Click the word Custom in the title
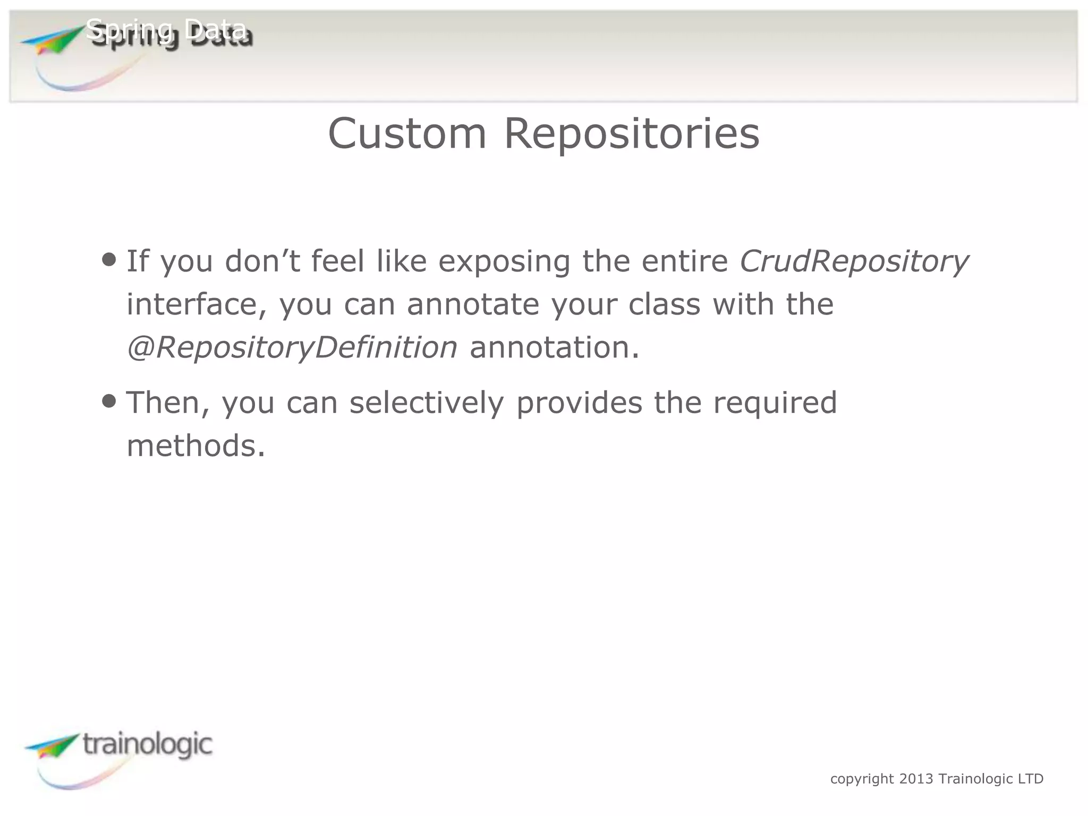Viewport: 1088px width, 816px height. tap(407, 133)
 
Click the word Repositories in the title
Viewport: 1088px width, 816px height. tap(632, 133)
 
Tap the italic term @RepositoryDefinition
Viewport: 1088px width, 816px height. tap(292, 347)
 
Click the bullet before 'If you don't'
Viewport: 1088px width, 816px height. tap(109, 260)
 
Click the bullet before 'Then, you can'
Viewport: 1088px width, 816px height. tap(109, 401)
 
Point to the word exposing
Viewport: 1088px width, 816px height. tap(504, 261)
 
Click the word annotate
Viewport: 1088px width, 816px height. tap(472, 304)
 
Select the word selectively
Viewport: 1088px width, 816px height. tap(426, 402)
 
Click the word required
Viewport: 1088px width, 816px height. tap(775, 402)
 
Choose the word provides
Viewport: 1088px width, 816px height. tap(579, 402)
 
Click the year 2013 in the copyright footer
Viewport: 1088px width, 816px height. tap(916, 779)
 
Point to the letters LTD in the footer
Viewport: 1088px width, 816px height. tap(1031, 779)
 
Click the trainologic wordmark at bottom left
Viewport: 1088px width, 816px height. tap(148, 744)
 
